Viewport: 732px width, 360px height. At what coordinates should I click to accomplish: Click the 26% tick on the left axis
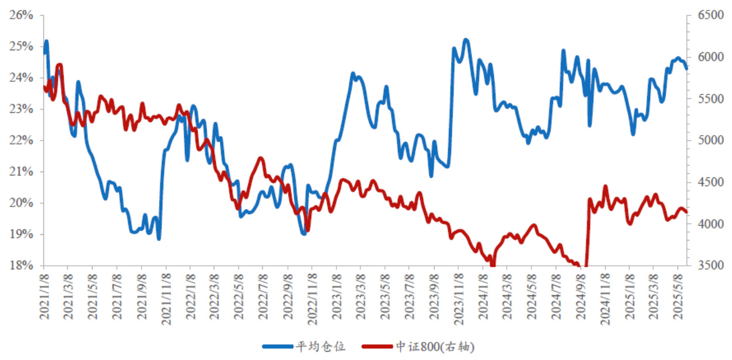[21, 15]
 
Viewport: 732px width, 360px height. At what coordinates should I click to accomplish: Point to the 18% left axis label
[21, 266]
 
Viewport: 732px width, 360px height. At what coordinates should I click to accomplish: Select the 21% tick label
[21, 172]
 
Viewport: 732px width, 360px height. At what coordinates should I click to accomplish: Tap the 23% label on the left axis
[21, 109]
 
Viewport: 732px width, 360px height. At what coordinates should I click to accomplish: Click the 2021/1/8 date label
[44, 296]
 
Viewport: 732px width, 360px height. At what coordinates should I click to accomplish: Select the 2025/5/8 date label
[678, 296]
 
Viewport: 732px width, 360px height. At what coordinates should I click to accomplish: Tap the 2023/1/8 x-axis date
[336, 296]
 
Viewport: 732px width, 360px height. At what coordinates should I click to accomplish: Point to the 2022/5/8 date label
[239, 296]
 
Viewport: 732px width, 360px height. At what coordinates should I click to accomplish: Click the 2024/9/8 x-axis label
[580, 296]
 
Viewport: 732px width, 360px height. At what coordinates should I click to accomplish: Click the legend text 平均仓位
[322, 347]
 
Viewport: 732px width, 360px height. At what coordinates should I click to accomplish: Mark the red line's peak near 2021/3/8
[59, 65]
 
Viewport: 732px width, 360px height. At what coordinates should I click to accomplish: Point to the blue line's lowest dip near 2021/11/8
[159, 238]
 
